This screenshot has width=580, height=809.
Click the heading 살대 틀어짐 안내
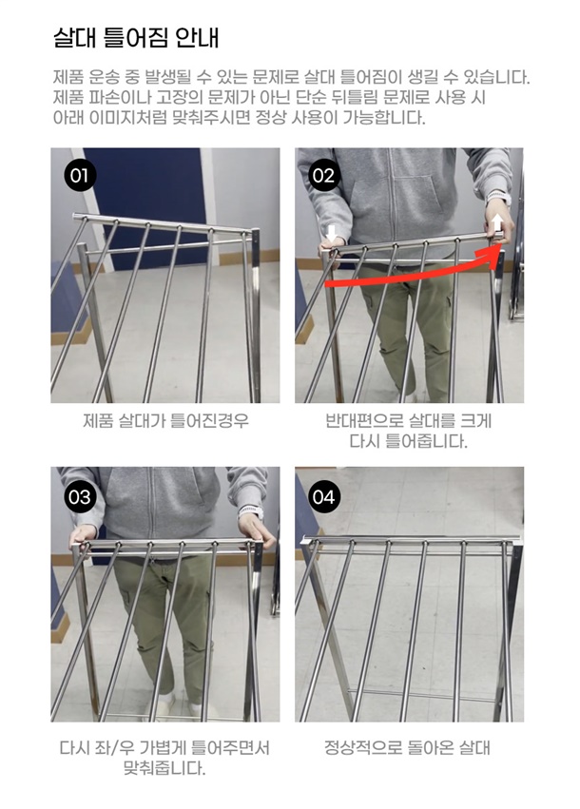136,37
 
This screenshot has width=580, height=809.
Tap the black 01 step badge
80,176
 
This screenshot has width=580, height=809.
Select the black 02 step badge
324,176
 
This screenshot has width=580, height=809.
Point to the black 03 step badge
80,497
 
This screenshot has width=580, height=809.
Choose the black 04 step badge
324,497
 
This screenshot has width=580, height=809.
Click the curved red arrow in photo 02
413,275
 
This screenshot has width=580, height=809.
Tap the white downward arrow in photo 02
331,233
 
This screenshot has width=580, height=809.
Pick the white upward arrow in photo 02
497,223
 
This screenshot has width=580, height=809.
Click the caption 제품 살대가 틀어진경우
165,420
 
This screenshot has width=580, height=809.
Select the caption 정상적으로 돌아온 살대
407,747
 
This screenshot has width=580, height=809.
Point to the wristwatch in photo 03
251,511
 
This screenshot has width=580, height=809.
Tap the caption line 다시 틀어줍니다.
408,441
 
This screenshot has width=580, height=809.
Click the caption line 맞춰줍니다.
164,769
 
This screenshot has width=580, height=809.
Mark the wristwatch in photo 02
498,197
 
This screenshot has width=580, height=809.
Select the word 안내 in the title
197,37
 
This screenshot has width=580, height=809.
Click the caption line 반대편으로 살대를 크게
408,420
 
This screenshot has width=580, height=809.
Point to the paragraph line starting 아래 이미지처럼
240,118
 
